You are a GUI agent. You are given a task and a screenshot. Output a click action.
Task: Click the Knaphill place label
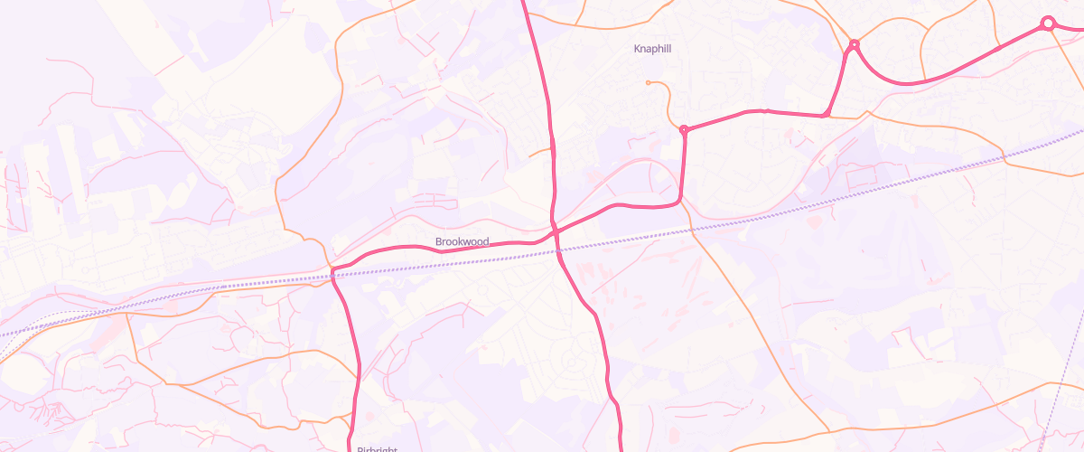coord(653,48)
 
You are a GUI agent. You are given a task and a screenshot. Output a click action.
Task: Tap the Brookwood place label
coord(462,241)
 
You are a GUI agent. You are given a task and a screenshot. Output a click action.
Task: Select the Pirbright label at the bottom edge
coord(377,448)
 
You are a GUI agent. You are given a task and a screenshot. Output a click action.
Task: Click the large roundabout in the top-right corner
coord(1048,24)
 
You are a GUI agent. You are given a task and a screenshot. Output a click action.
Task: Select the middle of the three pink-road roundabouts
coord(854,44)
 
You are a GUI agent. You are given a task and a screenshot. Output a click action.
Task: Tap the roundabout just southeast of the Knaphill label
coord(684,130)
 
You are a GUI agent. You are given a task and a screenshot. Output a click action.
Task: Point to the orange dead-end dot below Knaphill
coord(648,83)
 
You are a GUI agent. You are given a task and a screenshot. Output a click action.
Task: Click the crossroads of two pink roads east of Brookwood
coord(554,231)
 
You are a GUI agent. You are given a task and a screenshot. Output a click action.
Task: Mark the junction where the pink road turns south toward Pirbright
coord(333,271)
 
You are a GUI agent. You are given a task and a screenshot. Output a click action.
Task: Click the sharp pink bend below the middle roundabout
coord(825,115)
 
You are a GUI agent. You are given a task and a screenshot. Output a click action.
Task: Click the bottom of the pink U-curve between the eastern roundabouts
coord(903,84)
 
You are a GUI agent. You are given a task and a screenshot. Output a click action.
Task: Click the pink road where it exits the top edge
coord(524,3)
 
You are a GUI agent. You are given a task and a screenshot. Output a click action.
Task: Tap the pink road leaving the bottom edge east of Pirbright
coord(621,447)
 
